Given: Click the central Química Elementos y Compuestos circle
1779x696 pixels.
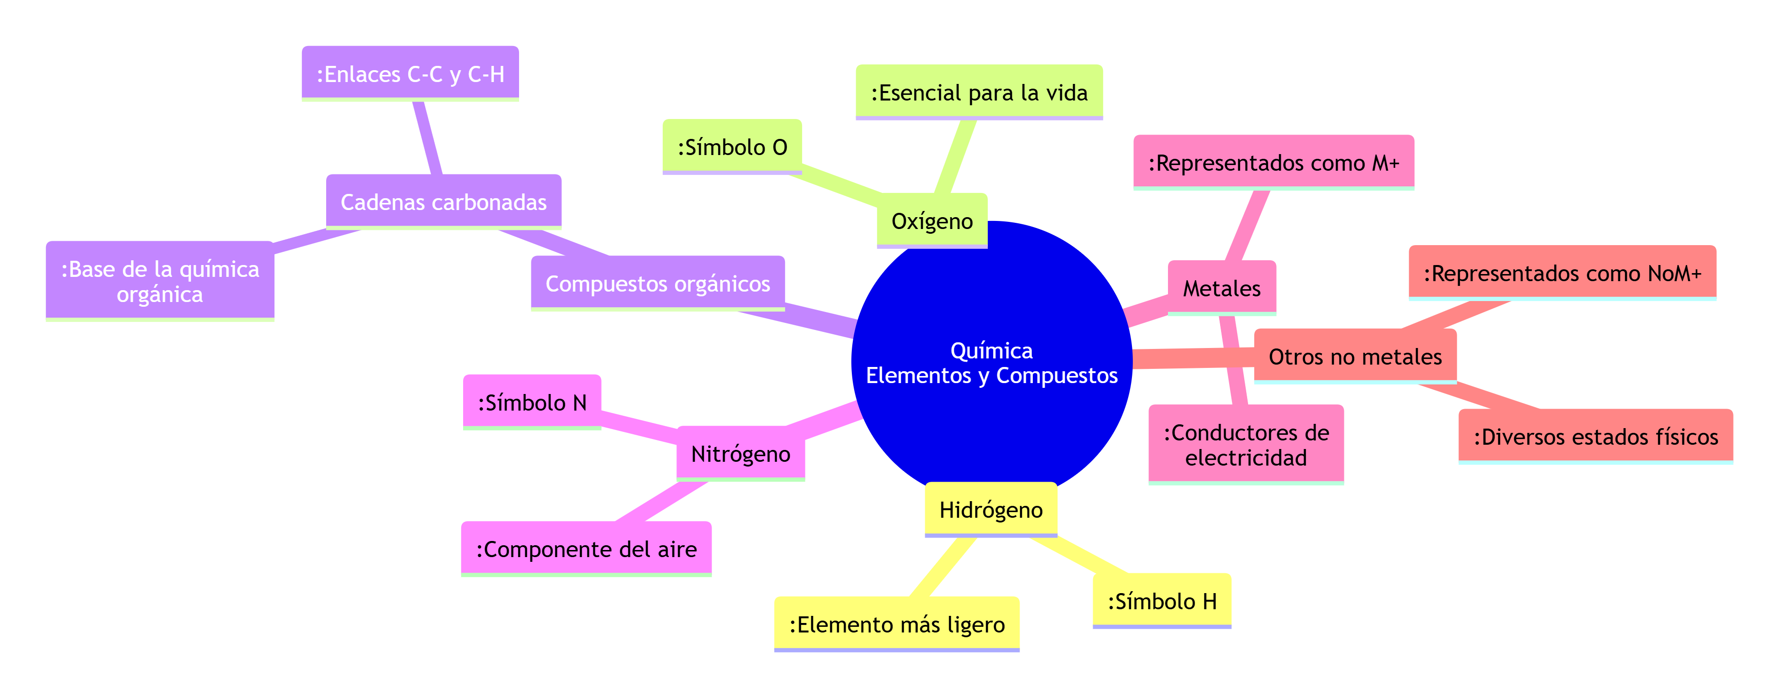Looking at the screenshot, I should point(992,363).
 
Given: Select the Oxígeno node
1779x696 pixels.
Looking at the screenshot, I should point(931,221).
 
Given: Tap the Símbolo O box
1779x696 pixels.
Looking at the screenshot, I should point(732,147).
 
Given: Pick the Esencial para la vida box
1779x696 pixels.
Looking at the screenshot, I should point(978,92).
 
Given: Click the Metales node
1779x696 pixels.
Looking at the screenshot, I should point(1221,288).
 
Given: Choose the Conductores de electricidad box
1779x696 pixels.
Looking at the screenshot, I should point(1245,445).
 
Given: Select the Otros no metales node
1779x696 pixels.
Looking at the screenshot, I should point(1354,356).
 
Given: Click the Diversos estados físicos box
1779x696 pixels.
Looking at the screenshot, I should point(1595,436).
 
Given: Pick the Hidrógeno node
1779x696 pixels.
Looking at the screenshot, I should point(990,510).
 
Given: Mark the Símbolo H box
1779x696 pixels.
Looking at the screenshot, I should point(1162,601).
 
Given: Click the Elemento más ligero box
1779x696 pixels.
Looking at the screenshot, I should point(896,624).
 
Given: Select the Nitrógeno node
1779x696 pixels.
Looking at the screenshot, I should point(740,454).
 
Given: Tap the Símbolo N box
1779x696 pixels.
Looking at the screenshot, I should point(532,403).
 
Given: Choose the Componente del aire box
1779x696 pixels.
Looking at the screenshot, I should point(585,549).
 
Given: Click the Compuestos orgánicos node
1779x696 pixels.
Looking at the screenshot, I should point(657,283).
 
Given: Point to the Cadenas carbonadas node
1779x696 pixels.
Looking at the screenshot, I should point(443,201).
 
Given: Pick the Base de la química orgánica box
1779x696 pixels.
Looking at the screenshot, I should point(160,281).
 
